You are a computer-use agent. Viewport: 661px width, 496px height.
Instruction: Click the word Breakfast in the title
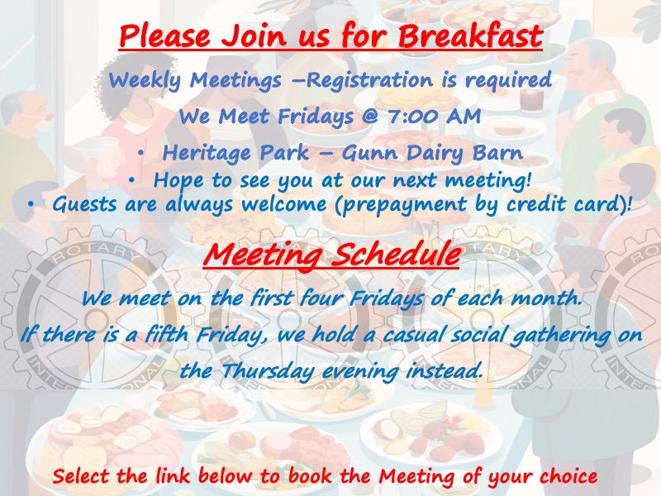[470, 36]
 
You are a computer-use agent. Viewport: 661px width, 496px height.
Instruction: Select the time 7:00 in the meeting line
[412, 116]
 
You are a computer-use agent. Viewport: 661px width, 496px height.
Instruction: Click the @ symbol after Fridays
[369, 117]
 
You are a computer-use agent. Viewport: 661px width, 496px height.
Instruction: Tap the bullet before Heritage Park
[141, 154]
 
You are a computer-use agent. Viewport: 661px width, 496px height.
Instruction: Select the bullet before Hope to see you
[132, 181]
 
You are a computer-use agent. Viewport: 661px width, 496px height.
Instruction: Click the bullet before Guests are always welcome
[31, 204]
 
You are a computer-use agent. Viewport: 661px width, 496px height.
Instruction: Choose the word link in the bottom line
[173, 476]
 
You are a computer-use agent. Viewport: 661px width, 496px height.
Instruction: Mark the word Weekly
[145, 80]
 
